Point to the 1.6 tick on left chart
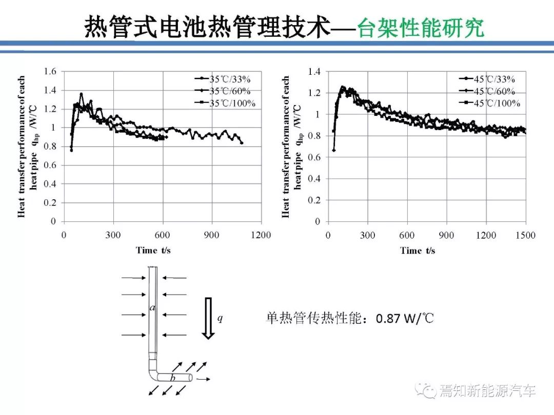pyautogui.click(x=50, y=71)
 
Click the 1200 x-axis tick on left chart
pyautogui.click(x=261, y=235)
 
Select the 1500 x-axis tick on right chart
pyautogui.click(x=525, y=235)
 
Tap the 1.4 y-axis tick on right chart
pyautogui.click(x=314, y=72)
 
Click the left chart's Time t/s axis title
pyautogui.click(x=153, y=250)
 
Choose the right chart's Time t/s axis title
pyautogui.click(x=418, y=250)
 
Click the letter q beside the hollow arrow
pyautogui.click(x=220, y=318)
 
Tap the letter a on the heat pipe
pyautogui.click(x=152, y=308)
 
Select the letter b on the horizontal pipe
pyautogui.click(x=173, y=378)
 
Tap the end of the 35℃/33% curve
pyautogui.click(x=242, y=143)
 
